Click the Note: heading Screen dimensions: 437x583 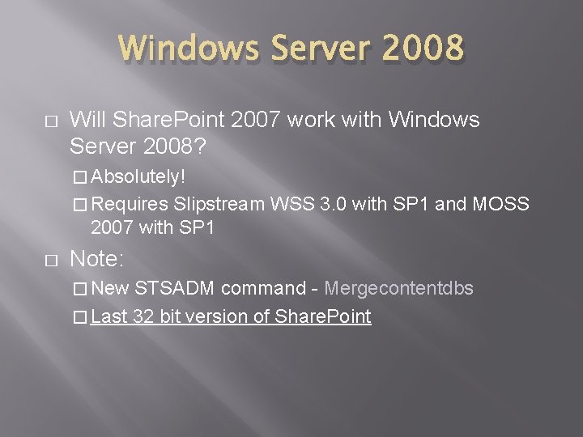tap(96, 259)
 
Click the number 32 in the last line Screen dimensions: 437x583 tap(146, 316)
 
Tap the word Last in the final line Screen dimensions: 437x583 tap(109, 316)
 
